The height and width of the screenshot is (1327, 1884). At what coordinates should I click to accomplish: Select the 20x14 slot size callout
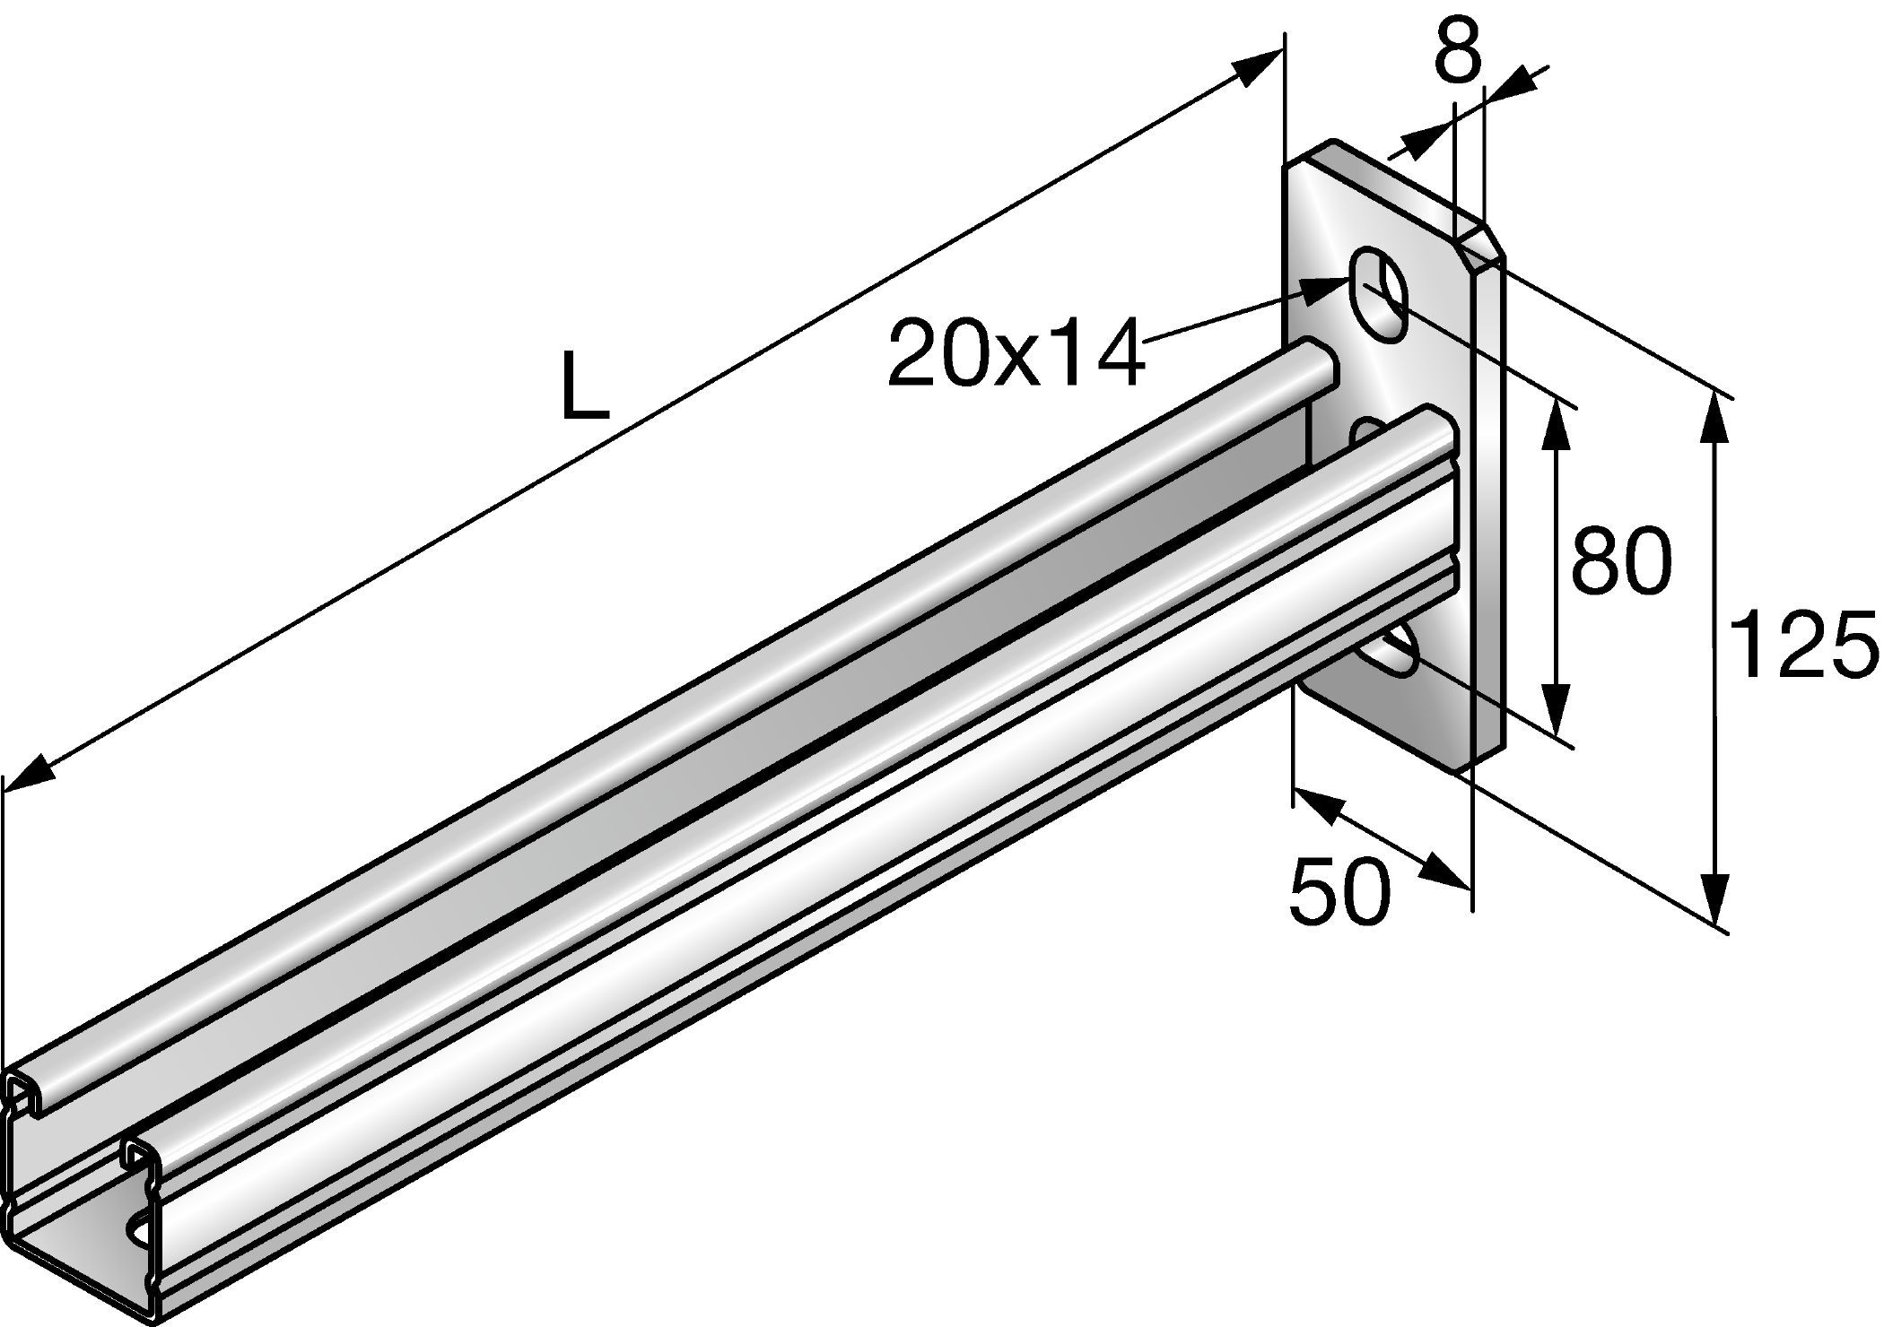tap(1016, 352)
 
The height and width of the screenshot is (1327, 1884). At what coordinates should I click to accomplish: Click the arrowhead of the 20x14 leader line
tap(1326, 288)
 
